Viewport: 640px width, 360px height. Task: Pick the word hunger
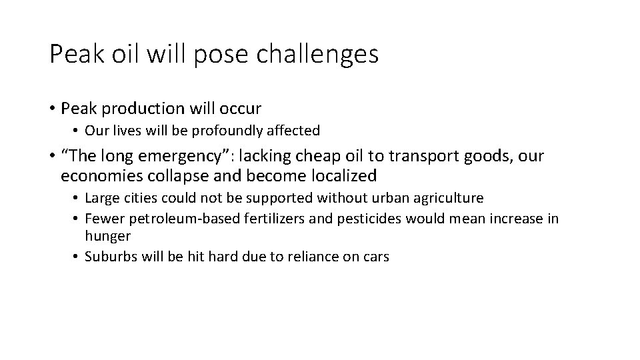click(x=108, y=236)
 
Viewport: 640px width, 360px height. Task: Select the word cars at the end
click(x=375, y=256)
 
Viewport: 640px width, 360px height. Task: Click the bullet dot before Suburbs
click(x=77, y=256)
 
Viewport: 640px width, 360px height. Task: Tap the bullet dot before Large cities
click(x=77, y=198)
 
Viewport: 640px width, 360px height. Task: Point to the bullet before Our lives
click(x=77, y=130)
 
